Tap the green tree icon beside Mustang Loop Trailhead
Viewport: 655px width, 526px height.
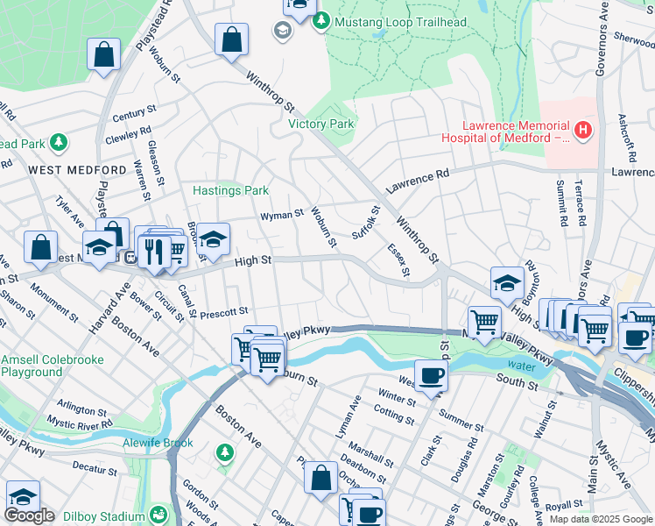[x=321, y=21]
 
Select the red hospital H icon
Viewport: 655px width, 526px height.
[x=584, y=131]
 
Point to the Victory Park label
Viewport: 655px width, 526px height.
[x=321, y=124]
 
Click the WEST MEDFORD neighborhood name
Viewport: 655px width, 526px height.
[x=77, y=169]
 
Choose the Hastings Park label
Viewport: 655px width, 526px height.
[x=230, y=190]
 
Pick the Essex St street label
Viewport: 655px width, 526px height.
[x=398, y=260]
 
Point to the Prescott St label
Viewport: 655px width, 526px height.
[x=225, y=311]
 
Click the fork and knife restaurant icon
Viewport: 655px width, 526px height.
[x=154, y=252]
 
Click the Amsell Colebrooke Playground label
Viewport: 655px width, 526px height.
[x=53, y=366]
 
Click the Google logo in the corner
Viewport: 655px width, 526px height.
[x=30, y=515]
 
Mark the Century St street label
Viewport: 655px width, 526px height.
[x=133, y=115]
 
